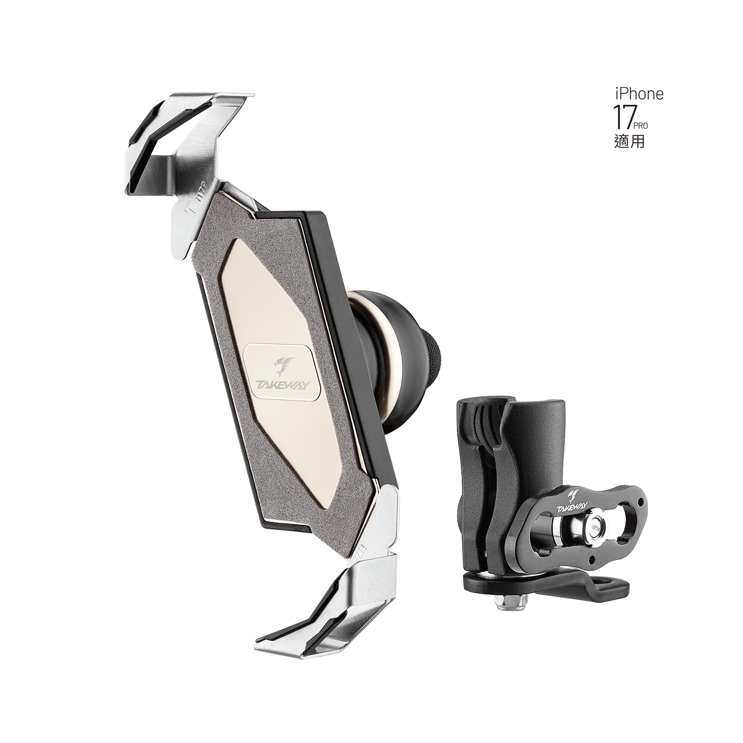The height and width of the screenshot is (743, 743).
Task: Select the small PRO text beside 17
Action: (x=640, y=126)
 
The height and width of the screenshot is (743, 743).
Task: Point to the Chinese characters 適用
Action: (x=629, y=142)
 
